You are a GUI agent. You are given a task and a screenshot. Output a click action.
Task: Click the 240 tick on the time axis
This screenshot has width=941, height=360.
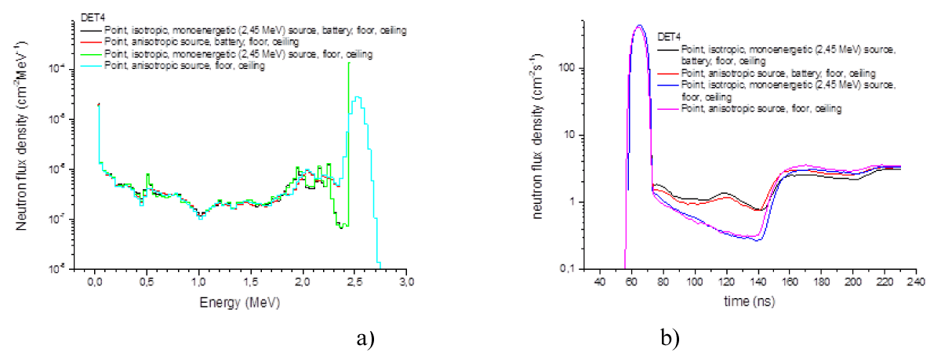coord(915,282)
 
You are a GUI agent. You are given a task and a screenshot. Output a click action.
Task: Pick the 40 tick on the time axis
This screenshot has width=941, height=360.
coord(599,282)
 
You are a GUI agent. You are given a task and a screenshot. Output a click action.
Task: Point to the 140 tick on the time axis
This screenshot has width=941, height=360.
coord(758,282)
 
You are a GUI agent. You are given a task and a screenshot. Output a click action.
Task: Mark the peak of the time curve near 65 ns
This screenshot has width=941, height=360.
coord(639,26)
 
